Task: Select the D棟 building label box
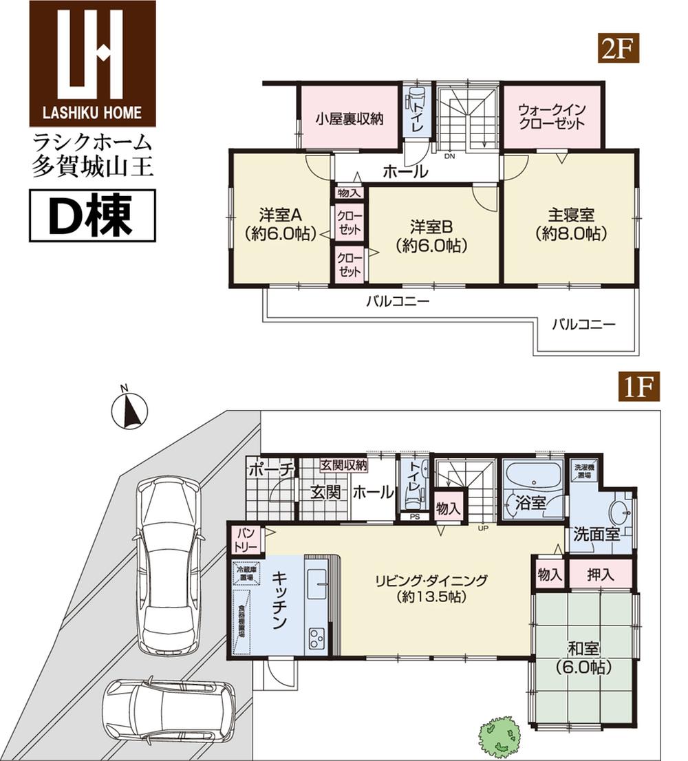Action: coord(92,216)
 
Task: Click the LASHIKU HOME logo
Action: coord(92,63)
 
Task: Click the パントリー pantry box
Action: coord(247,539)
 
